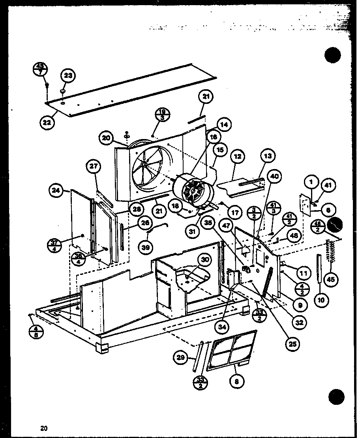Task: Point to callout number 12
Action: (238, 157)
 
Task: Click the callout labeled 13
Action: (268, 156)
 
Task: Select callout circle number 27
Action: (93, 167)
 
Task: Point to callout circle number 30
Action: (204, 260)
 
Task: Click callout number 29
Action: (181, 358)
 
